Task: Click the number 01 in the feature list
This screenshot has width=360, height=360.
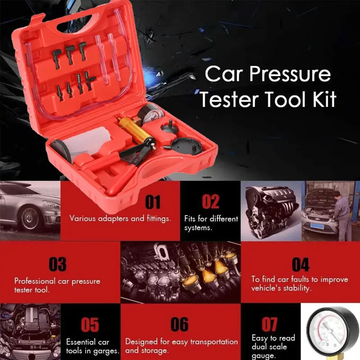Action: (x=153, y=202)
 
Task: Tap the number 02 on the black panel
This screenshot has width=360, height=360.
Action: (x=210, y=202)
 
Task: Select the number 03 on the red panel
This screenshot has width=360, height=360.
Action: (x=57, y=264)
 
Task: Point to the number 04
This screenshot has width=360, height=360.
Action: (x=300, y=264)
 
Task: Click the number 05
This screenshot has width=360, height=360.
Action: (x=90, y=325)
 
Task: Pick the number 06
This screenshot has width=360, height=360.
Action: (x=180, y=325)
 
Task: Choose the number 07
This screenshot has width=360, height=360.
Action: (x=270, y=324)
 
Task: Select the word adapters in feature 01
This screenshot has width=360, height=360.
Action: (x=111, y=218)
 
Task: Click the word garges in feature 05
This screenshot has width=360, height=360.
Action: (x=108, y=351)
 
